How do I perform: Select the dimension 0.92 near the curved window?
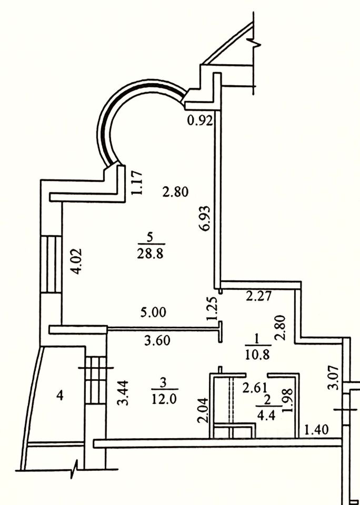(x=199, y=121)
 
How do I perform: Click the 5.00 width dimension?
(x=153, y=312)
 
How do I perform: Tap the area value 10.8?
(x=257, y=354)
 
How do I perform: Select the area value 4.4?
(x=263, y=412)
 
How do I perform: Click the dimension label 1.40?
(x=317, y=430)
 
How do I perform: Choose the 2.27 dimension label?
(x=258, y=296)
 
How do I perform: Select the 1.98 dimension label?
(x=287, y=404)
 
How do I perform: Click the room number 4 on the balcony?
(x=60, y=396)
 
